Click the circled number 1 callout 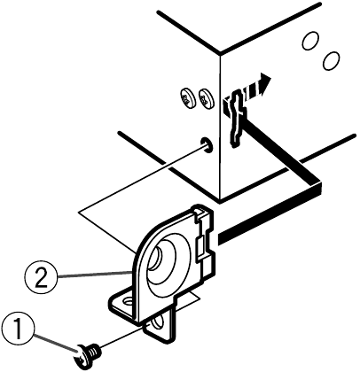pos(18,329)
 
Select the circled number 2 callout pos(41,277)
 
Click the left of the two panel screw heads pos(187,98)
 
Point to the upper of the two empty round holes pos(311,41)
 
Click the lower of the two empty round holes pos(331,61)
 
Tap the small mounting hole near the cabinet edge pos(206,145)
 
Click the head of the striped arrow pos(264,83)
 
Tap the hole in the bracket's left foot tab pos(128,302)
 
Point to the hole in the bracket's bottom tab pos(157,323)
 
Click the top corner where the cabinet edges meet pos(220,53)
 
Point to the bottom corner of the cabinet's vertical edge pos(220,201)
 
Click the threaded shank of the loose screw pos(95,351)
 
